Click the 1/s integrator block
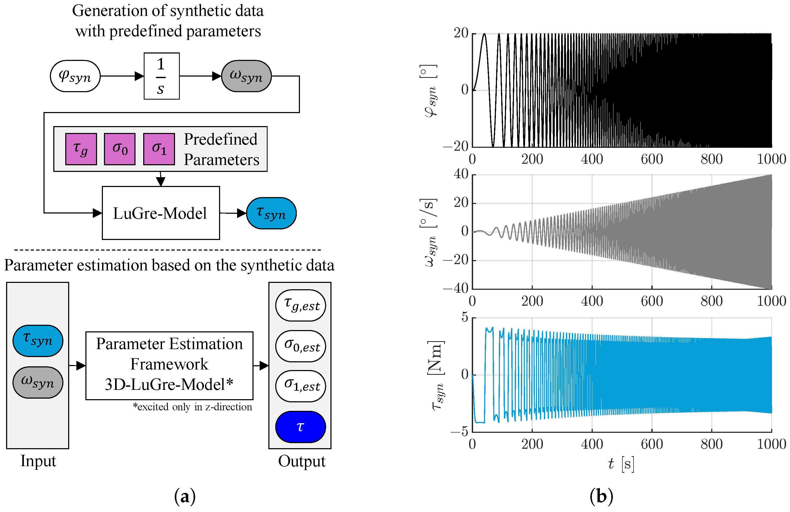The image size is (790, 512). pos(162,76)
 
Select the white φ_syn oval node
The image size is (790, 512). pos(75,76)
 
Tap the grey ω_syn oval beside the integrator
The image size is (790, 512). pos(246,76)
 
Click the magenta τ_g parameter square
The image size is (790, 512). pos(81,149)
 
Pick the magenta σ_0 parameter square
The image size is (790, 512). pos(120,149)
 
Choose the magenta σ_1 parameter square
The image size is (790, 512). pos(159,149)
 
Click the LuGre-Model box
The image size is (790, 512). pos(161,213)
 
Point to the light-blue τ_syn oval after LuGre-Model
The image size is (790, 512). pos(271,213)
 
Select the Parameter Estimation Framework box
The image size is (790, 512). pos(169,366)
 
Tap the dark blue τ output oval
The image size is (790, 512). pos(300,427)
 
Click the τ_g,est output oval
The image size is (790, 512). pos(300,305)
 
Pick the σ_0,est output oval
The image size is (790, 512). pos(300,346)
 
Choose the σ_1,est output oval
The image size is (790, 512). pos(300,386)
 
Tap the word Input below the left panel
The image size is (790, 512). pos(38,461)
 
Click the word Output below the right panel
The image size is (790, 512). pos(302,461)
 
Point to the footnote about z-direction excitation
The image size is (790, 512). pos(193,407)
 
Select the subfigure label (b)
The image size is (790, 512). pos(601,496)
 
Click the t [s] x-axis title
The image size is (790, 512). pos(621,464)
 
